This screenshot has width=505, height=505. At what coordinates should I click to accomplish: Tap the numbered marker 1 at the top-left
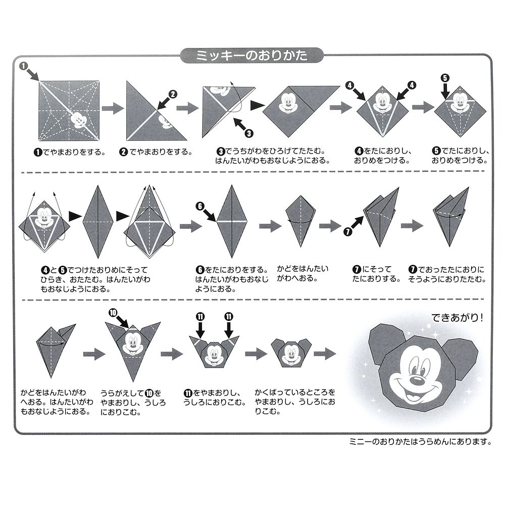point(24,66)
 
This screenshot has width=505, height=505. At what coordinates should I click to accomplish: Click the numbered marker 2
point(173,93)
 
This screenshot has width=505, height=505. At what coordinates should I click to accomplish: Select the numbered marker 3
point(248,133)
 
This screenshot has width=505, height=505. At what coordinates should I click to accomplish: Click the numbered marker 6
point(200,206)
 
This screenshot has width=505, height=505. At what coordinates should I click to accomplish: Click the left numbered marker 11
point(200,317)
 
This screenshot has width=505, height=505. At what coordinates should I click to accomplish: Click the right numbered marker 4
point(412,85)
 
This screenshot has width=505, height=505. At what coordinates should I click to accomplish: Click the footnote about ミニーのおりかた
point(421,441)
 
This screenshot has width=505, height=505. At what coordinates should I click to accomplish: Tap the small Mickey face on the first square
point(79,120)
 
